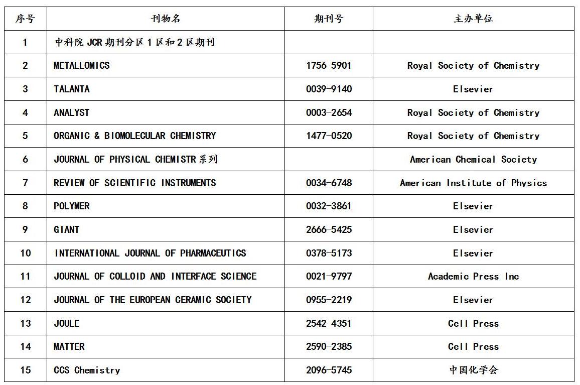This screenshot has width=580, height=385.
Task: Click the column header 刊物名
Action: [x=166, y=19]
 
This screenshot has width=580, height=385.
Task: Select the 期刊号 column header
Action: [x=329, y=19]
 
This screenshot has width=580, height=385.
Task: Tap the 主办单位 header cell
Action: [x=473, y=19]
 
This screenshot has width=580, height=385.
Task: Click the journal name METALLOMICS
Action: [x=82, y=66]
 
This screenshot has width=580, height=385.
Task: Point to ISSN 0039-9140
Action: [x=329, y=89]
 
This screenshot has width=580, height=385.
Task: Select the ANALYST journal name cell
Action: [x=72, y=112]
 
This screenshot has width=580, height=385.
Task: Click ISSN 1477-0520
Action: [x=329, y=136]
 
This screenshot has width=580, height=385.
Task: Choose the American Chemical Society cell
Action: [x=473, y=160]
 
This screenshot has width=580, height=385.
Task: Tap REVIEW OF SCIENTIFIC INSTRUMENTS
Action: [x=135, y=183]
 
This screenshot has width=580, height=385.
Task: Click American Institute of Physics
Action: [x=473, y=183]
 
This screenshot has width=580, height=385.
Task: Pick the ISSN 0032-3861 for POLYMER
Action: [x=329, y=206]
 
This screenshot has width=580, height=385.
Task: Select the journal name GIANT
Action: [x=67, y=230]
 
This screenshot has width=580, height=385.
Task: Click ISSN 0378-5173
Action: [x=329, y=253]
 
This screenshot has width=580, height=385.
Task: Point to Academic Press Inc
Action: [x=473, y=277]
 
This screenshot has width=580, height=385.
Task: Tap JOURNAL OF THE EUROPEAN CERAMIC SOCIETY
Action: [x=153, y=300]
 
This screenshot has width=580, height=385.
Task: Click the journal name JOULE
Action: [x=67, y=323]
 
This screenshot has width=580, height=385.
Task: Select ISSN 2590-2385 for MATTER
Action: [x=329, y=347]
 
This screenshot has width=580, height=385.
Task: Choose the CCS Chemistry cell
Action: [x=87, y=370]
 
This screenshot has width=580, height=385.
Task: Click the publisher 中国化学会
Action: [x=473, y=370]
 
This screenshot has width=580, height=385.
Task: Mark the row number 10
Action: [x=26, y=253]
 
